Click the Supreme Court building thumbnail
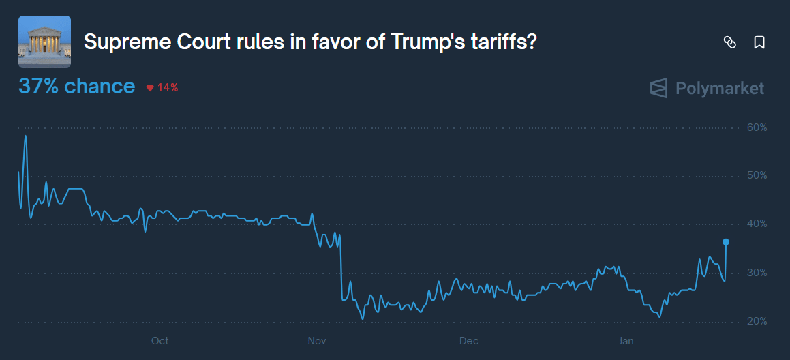click(x=44, y=42)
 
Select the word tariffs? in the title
click(x=504, y=42)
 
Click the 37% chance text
click(x=76, y=87)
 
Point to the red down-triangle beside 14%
click(x=150, y=88)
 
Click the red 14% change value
click(x=168, y=87)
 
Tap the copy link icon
click(x=729, y=42)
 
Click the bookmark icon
click(x=759, y=42)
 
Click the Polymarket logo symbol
click(x=658, y=89)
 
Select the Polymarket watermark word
click(x=719, y=89)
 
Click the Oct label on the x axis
click(x=160, y=340)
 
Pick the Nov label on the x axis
click(x=316, y=340)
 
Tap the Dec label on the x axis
click(x=469, y=340)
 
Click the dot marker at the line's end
click(x=726, y=242)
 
